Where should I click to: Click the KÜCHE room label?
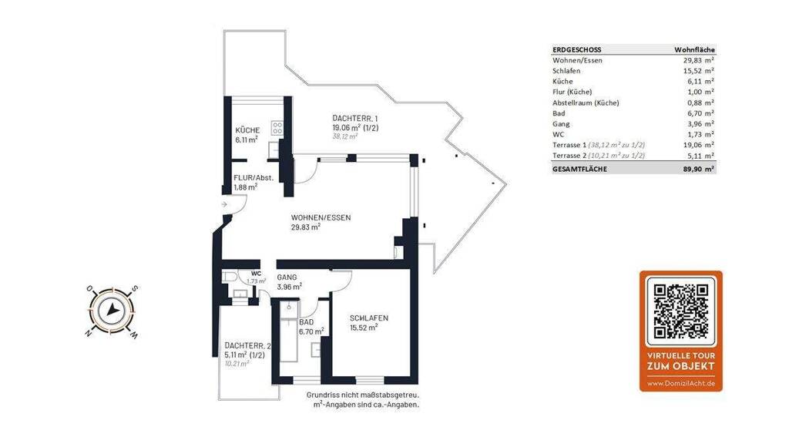tap(247, 129)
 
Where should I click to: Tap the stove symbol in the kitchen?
tap(277, 128)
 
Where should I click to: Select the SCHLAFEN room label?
tap(369, 318)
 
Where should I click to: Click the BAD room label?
tap(307, 322)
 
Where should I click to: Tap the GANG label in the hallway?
tap(287, 277)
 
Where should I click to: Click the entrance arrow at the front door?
tap(224, 203)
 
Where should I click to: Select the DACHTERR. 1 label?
tap(351, 118)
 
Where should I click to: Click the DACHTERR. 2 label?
tap(247, 346)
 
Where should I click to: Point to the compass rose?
tap(112, 311)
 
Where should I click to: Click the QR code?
tap(681, 311)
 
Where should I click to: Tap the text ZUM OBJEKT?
tap(681, 366)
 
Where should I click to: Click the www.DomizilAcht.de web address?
tap(681, 384)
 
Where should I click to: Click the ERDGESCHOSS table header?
tap(576, 50)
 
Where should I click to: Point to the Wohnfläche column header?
tap(694, 50)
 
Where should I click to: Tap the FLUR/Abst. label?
tap(253, 178)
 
